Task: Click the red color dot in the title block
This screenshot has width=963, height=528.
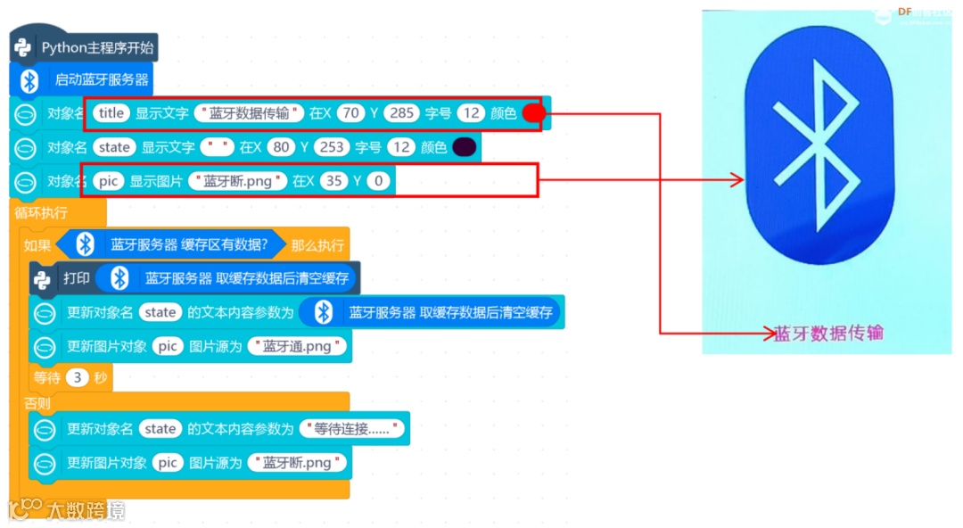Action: tap(533, 113)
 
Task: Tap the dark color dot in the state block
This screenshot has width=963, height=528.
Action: tap(464, 147)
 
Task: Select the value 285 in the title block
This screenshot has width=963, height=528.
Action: tap(401, 113)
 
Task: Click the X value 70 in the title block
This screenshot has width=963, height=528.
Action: tap(351, 113)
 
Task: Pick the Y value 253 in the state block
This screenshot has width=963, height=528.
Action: tap(331, 147)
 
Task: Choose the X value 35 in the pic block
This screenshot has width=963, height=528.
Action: tap(333, 181)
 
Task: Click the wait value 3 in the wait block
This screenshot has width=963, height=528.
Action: tap(78, 377)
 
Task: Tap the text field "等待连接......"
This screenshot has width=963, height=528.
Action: tap(353, 429)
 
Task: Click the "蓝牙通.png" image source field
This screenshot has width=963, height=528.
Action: tap(298, 346)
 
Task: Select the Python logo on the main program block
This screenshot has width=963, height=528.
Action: tap(24, 47)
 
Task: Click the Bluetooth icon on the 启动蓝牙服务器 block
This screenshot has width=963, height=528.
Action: tap(29, 80)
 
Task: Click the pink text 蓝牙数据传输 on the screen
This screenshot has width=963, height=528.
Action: tap(828, 334)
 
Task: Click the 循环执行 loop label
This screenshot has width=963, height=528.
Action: tap(40, 212)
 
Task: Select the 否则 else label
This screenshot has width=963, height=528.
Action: tap(37, 403)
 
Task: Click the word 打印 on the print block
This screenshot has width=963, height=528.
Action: tap(77, 278)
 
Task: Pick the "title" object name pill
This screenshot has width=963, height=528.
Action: tap(111, 113)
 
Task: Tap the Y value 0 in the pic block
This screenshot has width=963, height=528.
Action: tap(378, 181)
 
